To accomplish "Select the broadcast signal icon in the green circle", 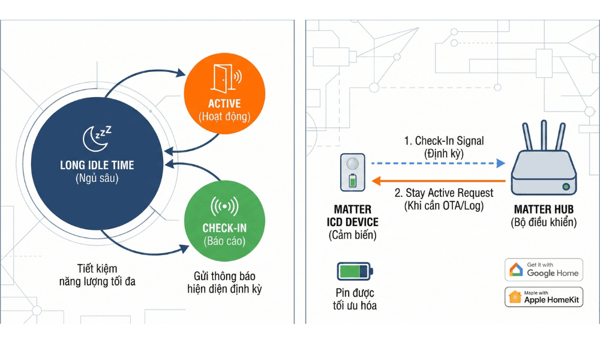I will coord(224,206).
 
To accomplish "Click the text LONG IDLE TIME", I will coord(97,165).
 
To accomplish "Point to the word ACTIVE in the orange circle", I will coord(225,103).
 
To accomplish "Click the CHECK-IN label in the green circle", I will coord(224,229).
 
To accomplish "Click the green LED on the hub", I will coord(565,188).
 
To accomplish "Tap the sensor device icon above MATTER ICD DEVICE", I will coord(353,172).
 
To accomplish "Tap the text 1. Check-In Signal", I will coord(444,141).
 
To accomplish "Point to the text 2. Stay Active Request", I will coord(444,193).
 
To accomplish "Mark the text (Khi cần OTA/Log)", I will coord(444,206).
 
